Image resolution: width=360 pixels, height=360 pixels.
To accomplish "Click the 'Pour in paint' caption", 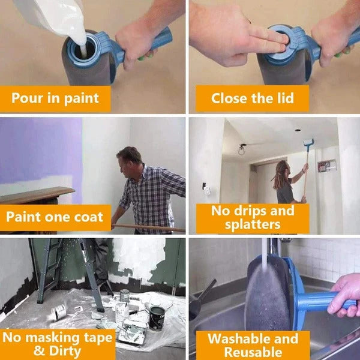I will pyautogui.click(x=55, y=98).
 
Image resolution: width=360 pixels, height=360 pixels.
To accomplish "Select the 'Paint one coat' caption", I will pyautogui.click(x=55, y=217).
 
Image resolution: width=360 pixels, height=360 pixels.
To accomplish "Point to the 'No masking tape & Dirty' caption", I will pyautogui.click(x=57, y=343).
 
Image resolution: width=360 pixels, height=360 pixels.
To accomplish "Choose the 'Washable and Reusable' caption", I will pyautogui.click(x=253, y=344).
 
